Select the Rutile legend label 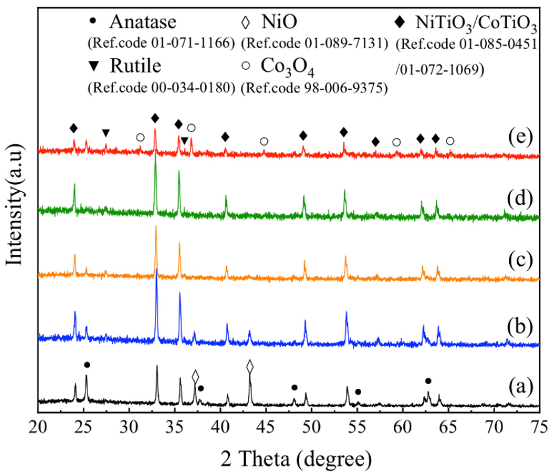[135, 66]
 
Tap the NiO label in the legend [279, 22]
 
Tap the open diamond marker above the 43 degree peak [250, 366]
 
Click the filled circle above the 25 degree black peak [87, 365]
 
